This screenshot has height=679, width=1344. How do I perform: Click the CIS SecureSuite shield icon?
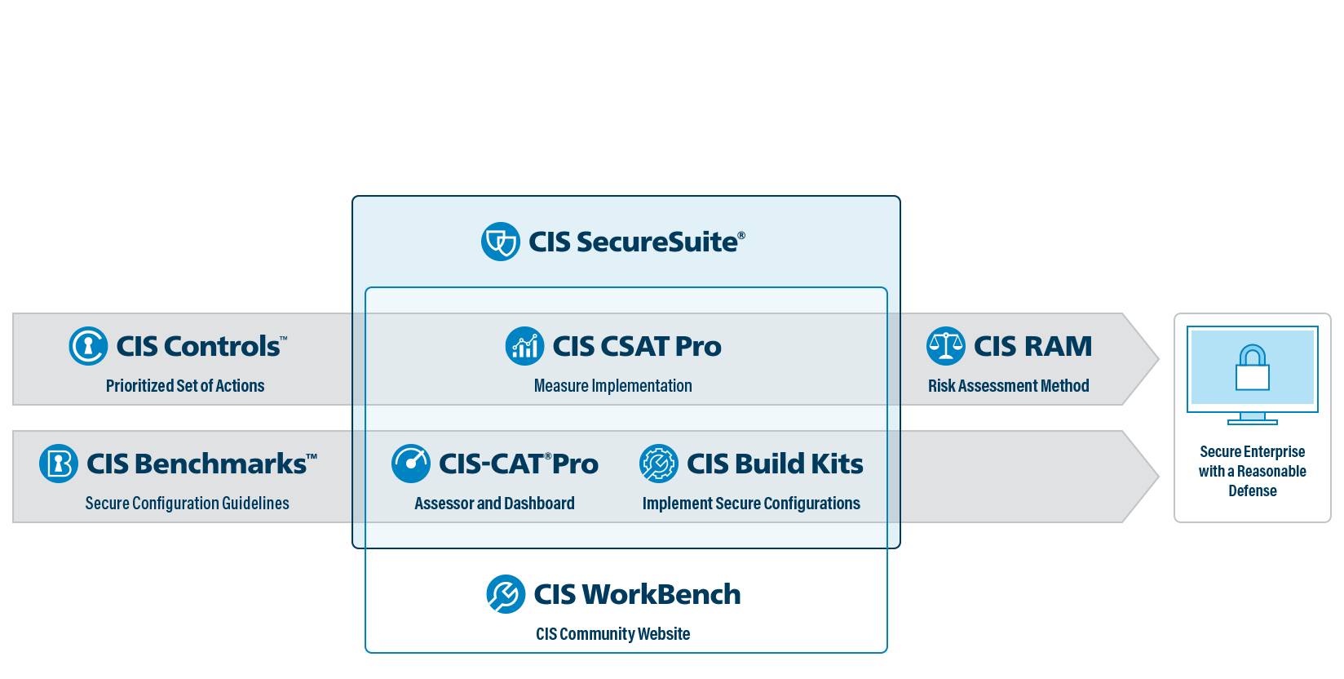tap(500, 242)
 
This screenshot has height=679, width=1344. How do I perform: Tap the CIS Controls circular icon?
tap(88, 346)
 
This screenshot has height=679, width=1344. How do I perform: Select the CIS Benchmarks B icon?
tap(59, 464)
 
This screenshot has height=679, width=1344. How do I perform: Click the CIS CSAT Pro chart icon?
tap(524, 346)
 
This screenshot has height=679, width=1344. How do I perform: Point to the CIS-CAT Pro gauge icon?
tap(411, 464)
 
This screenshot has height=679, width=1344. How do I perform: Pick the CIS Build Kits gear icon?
tap(659, 464)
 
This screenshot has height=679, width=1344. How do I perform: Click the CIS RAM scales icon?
tap(946, 346)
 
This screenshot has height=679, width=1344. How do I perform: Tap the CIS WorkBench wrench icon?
tap(506, 594)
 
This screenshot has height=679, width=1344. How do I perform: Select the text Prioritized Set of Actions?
tap(185, 386)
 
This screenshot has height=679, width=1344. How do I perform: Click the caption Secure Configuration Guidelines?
tap(187, 504)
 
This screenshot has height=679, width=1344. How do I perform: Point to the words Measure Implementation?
tap(612, 386)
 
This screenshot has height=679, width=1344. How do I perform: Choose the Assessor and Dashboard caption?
tap(494, 504)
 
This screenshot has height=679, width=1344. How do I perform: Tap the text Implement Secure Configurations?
tap(751, 504)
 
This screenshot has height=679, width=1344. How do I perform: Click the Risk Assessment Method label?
tap(1008, 386)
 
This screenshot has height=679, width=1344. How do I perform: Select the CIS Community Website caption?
tap(612, 634)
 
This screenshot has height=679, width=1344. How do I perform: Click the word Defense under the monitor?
tap(1253, 491)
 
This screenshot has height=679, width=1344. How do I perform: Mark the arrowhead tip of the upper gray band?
tap(1156, 359)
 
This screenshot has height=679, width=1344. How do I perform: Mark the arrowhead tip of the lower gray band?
tap(1156, 477)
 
